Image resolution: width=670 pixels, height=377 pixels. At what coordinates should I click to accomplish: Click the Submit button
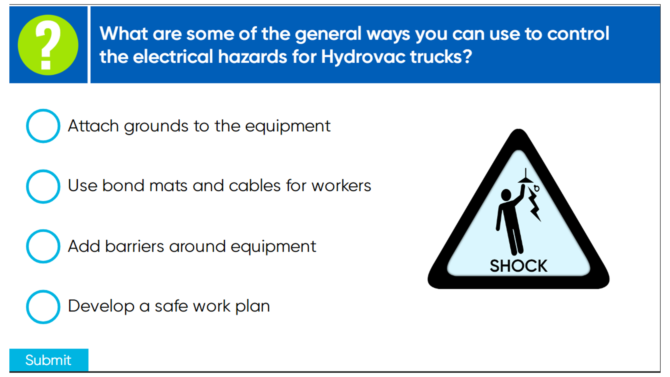click(49, 360)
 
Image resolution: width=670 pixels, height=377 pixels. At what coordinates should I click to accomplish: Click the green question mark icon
click(48, 45)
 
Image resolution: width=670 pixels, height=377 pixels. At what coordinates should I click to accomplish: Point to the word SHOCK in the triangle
click(518, 266)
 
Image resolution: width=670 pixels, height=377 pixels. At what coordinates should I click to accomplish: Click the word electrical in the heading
click(173, 56)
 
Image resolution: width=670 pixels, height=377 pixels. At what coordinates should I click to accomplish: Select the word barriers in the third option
click(135, 246)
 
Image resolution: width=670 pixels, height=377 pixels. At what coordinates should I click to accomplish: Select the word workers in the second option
click(341, 186)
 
